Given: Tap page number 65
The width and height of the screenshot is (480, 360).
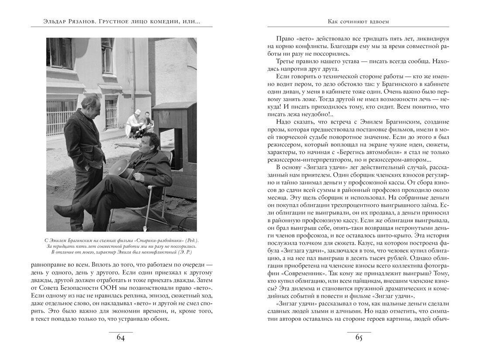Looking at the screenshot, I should pos(359,339).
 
